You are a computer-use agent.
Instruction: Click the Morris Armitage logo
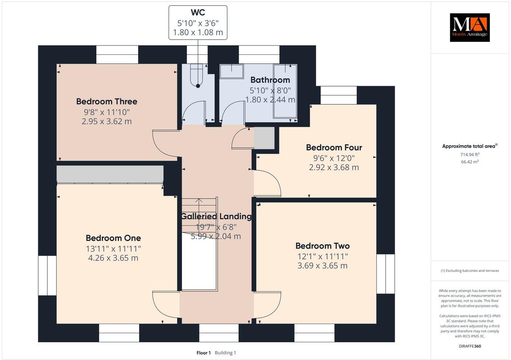click(x=469, y=28)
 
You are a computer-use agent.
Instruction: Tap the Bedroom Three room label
click(x=106, y=101)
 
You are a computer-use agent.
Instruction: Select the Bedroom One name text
click(x=113, y=238)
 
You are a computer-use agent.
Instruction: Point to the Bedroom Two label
click(x=322, y=246)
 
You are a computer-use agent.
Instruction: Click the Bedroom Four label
click(x=334, y=147)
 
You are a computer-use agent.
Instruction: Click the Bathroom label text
click(x=270, y=80)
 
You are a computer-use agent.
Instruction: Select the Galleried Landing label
click(x=216, y=216)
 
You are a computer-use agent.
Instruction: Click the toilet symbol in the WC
click(x=198, y=76)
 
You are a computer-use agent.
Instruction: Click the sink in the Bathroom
click(x=232, y=71)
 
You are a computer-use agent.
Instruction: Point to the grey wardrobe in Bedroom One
click(x=110, y=174)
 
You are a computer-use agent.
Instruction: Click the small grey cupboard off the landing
click(x=264, y=138)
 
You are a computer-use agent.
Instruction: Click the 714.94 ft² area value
click(x=469, y=154)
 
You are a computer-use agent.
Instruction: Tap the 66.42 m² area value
click(x=469, y=162)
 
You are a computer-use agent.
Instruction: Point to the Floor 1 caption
click(x=203, y=353)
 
